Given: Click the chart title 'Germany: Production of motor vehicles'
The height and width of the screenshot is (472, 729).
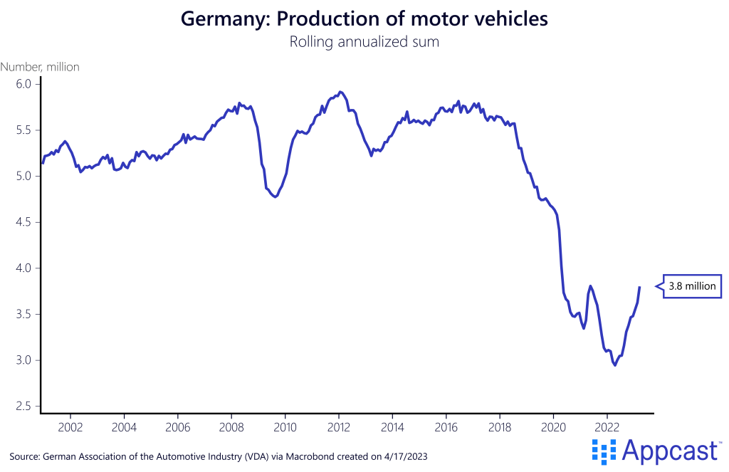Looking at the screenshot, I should [x=364, y=19].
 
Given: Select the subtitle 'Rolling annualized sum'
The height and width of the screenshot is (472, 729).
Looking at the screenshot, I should [x=364, y=41].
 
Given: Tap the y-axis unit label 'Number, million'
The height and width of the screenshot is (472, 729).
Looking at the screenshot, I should [x=40, y=67].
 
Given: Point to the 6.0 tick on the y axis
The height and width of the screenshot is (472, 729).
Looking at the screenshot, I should [x=23, y=84].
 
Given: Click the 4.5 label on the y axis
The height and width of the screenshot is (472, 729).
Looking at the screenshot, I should [x=23, y=222].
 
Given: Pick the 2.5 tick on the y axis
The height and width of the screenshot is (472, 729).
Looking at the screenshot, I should [x=23, y=407].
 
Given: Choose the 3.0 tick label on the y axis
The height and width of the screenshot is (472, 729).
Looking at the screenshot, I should [x=23, y=360].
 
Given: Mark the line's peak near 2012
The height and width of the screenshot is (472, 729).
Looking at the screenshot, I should [x=340, y=91].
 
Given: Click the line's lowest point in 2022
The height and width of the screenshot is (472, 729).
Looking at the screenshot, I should [x=615, y=365].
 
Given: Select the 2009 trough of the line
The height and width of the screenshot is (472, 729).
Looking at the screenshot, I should [x=276, y=197].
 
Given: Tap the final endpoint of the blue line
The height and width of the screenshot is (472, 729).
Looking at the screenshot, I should [x=639, y=287].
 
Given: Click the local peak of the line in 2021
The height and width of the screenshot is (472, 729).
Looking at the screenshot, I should [x=590, y=286].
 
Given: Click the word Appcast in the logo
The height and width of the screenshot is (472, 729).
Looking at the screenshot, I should [x=669, y=449].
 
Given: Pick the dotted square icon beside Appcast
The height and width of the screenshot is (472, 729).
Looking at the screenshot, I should [x=604, y=449].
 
